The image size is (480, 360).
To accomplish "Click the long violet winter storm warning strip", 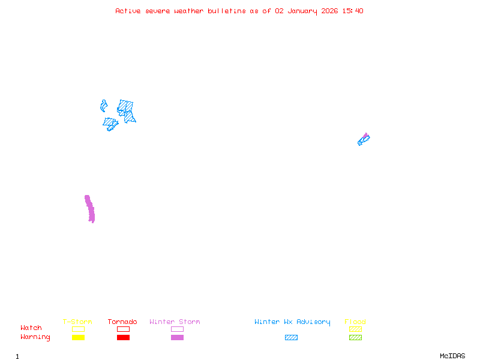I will [90, 209].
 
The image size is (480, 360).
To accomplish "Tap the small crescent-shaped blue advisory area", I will [103, 106].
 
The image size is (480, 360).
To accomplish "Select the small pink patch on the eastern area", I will [365, 136].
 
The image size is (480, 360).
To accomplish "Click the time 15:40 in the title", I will [353, 11].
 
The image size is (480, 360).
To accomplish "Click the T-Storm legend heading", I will [77, 322].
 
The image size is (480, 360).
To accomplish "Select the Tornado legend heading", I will [122, 322].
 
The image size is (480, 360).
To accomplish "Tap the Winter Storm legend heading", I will [175, 322].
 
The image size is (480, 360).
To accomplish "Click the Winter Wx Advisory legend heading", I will [292, 322].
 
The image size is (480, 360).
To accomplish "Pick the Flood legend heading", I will [355, 322].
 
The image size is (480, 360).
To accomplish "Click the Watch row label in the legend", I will [31, 328].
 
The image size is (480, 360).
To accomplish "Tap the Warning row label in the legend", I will [35, 337].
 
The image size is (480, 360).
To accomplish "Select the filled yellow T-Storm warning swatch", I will [78, 338].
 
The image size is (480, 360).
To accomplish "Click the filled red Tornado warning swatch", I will [123, 338].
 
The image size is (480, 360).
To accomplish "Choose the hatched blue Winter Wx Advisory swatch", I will [291, 338].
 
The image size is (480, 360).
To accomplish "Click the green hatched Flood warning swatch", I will [355, 338].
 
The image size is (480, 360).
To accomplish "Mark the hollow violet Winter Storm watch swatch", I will [177, 329].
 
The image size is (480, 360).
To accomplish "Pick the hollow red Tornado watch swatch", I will [123, 329].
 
